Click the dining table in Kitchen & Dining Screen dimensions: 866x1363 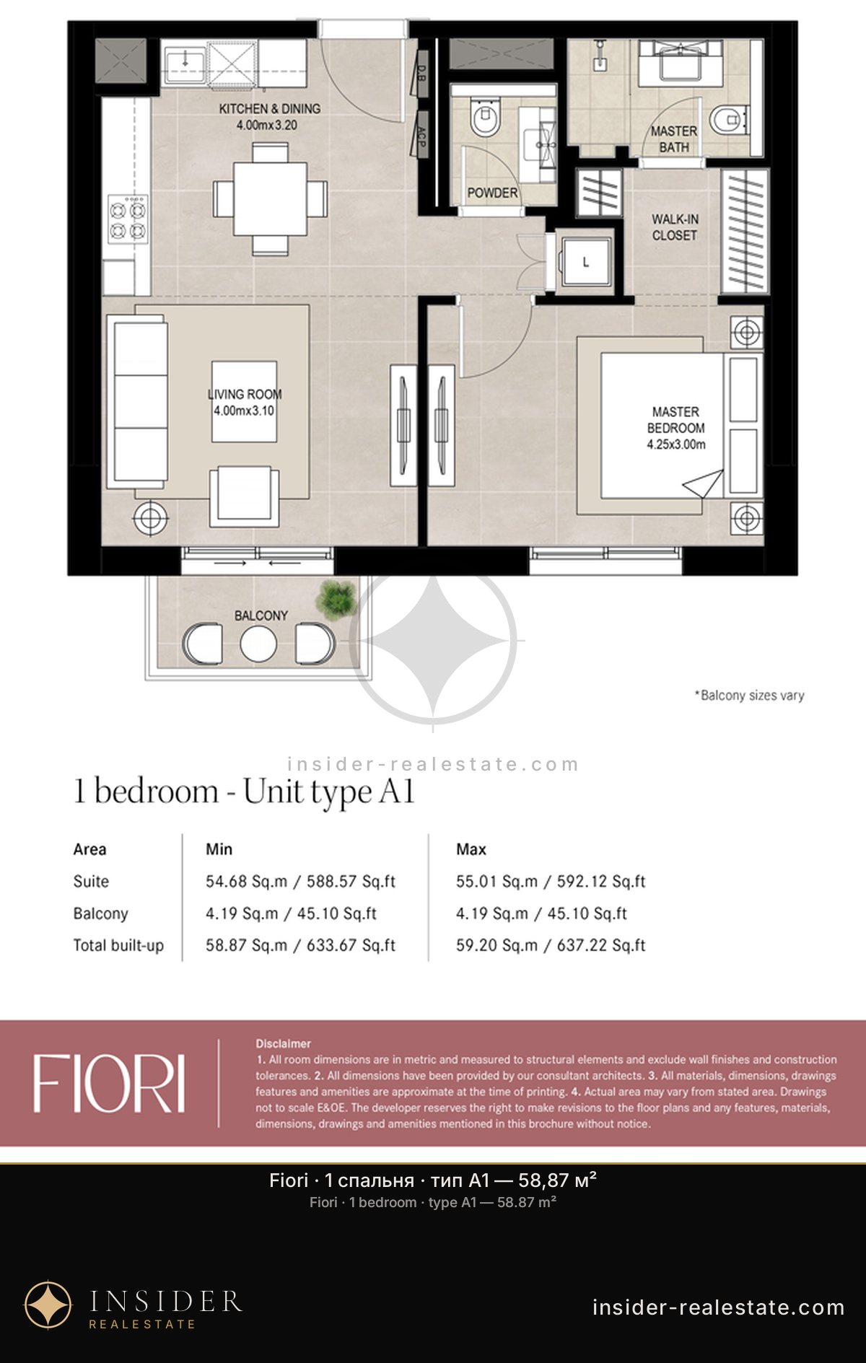point(271,198)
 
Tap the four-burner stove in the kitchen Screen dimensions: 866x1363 point(128,219)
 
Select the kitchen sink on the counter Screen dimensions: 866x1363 point(185,65)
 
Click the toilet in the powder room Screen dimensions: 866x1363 point(484,118)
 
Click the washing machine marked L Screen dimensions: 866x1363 point(585,261)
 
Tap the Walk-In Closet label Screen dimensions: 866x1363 point(675,227)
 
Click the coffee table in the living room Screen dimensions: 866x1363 point(245,401)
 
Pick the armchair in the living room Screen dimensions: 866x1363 point(244,496)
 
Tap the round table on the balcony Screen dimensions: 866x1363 point(258,644)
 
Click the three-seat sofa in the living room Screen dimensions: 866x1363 point(137,401)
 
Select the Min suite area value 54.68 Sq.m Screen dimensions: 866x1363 point(246,881)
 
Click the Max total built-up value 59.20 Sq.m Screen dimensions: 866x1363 point(497,945)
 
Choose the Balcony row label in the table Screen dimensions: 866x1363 point(100,913)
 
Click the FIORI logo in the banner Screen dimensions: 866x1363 point(109,1083)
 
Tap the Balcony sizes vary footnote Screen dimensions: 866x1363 point(750,696)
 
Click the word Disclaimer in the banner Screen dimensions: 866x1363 point(283,1043)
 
